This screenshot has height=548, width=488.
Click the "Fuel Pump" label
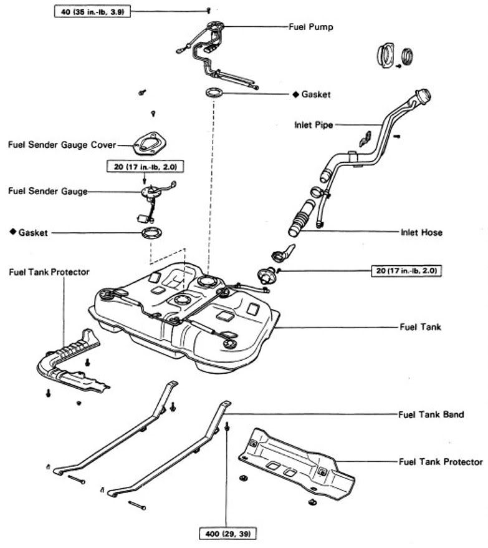(x=310, y=27)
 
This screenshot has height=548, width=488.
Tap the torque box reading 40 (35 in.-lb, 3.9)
(x=93, y=11)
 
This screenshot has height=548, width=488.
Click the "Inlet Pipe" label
(x=313, y=125)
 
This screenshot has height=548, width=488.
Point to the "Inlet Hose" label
(x=421, y=233)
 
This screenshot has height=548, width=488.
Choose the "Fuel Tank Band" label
(x=430, y=414)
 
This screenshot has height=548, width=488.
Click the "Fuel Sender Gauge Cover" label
(x=62, y=145)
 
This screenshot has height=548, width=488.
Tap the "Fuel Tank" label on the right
(x=420, y=326)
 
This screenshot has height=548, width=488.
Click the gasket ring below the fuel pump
(x=214, y=94)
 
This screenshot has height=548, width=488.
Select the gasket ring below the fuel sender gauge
(x=151, y=235)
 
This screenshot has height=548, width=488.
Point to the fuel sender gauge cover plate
(x=148, y=143)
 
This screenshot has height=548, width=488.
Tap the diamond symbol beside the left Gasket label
(x=12, y=232)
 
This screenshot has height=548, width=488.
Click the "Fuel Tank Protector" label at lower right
(x=440, y=462)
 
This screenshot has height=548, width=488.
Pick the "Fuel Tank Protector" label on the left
(x=49, y=272)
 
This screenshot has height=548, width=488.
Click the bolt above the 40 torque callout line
(x=208, y=10)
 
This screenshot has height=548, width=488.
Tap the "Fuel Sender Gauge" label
(x=47, y=191)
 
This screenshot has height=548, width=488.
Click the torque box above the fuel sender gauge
(x=145, y=167)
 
